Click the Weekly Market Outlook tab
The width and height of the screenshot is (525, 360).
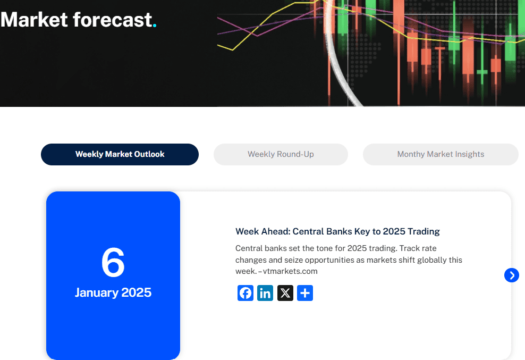click(x=120, y=154)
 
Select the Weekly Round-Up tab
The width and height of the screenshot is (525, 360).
click(x=281, y=154)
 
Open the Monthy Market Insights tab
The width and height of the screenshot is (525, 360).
click(x=441, y=154)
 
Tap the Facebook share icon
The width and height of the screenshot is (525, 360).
click(x=245, y=293)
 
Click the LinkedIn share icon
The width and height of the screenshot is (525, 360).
click(x=265, y=293)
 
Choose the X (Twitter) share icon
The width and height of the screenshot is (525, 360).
click(x=285, y=293)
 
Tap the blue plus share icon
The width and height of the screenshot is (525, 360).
click(x=305, y=293)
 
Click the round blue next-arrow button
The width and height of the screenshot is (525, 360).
click(x=511, y=275)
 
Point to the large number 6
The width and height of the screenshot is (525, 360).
click(x=113, y=263)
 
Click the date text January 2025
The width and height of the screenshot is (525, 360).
click(x=113, y=292)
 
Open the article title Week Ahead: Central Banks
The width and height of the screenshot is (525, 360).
click(x=337, y=231)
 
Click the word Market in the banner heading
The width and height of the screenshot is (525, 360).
click(x=35, y=20)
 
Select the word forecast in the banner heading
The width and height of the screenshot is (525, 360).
click(x=112, y=20)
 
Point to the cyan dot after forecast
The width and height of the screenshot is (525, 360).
click(x=155, y=25)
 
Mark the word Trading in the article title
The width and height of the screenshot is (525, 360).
click(x=424, y=231)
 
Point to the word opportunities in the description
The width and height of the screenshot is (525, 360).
click(x=354, y=260)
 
